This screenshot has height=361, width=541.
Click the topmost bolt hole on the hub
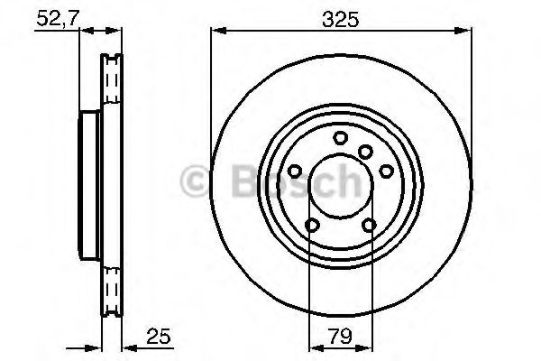(x=340, y=137)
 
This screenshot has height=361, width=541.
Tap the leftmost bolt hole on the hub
(x=296, y=171)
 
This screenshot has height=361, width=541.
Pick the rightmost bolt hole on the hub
(x=385, y=171)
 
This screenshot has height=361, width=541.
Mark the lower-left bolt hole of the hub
(x=312, y=226)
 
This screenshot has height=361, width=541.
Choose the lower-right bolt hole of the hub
(x=369, y=226)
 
